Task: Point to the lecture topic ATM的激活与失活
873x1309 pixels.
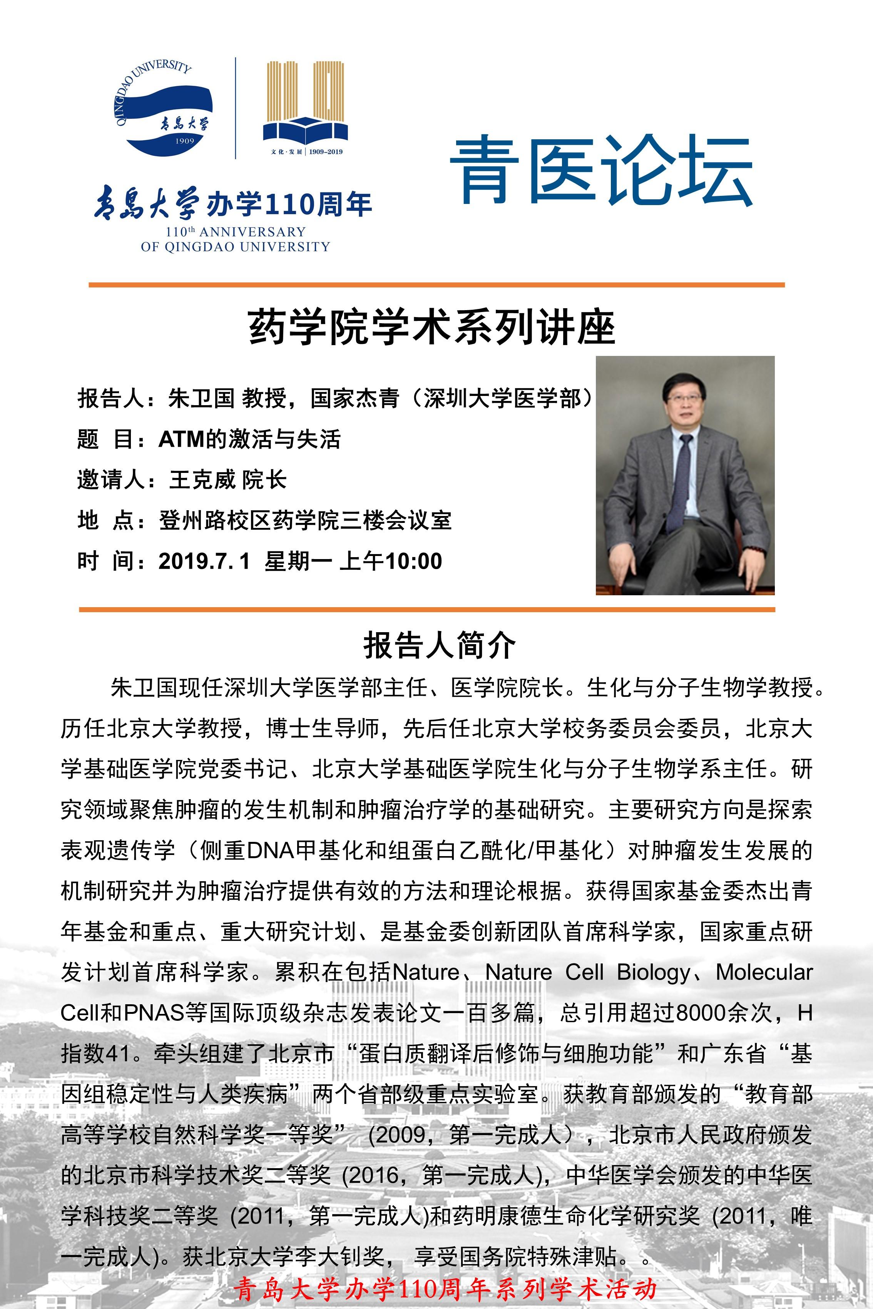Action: click(249, 439)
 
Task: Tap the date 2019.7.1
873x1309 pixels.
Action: click(204, 561)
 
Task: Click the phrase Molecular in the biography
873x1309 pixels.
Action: click(764, 972)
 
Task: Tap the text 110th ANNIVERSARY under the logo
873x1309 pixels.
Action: click(236, 232)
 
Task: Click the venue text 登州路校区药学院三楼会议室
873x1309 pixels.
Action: click(305, 520)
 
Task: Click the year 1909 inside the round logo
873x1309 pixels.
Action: click(184, 141)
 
